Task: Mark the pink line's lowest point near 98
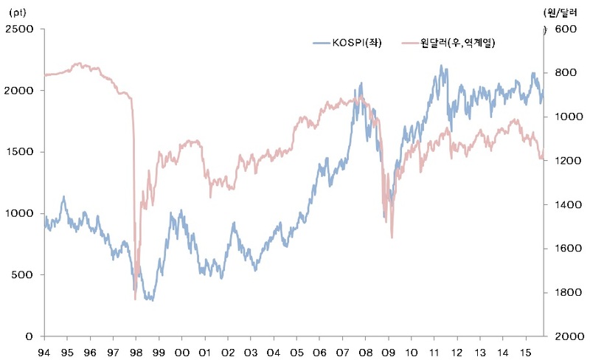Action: click(x=135, y=299)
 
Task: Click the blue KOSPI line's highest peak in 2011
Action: click(x=440, y=66)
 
